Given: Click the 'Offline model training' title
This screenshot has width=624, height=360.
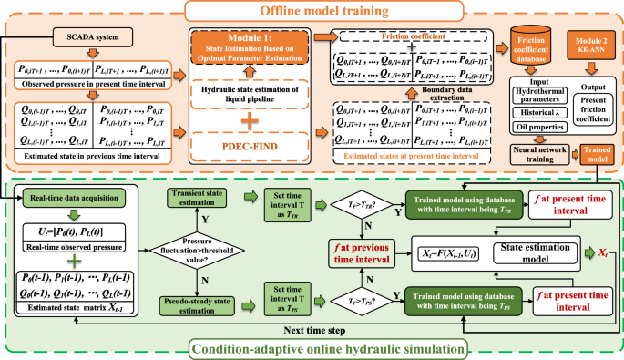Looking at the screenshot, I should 312,13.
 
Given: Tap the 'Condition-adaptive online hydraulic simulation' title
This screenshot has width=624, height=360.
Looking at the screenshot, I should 312,349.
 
